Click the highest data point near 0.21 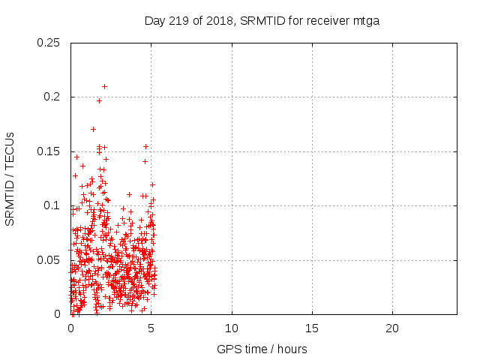point(104,86)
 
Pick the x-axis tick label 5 point(151,328)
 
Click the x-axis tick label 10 point(232,328)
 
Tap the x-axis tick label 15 point(312,328)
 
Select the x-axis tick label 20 point(392,328)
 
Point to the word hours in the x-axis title point(292,349)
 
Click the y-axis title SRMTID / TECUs point(10,178)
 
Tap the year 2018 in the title point(220,20)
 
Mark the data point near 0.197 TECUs point(99,100)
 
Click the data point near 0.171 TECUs point(93,129)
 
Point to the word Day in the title point(154,20)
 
